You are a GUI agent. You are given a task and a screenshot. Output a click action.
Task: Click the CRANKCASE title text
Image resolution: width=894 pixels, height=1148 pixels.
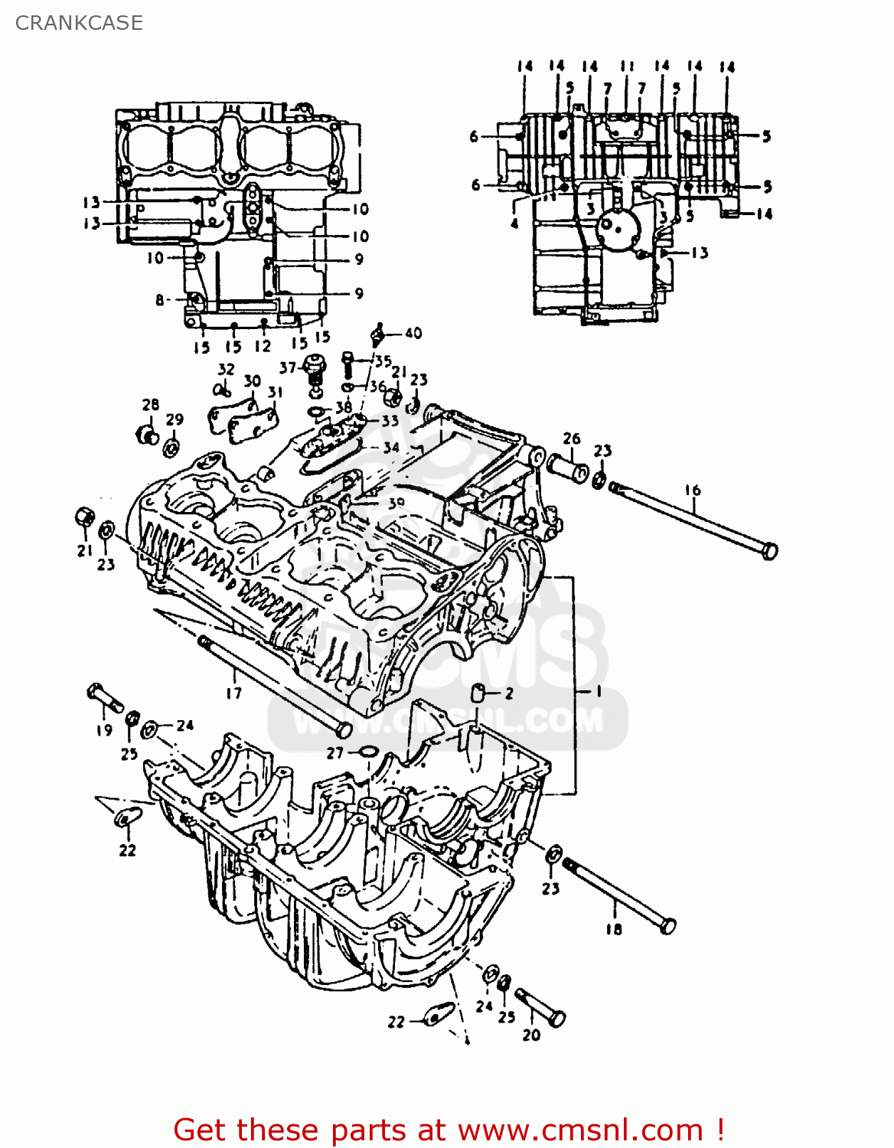coord(79,23)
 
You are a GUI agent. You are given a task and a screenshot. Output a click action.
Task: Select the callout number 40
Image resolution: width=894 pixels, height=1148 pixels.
coord(413,333)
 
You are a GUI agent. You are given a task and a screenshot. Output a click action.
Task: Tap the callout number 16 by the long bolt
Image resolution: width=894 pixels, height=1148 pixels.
coord(693,490)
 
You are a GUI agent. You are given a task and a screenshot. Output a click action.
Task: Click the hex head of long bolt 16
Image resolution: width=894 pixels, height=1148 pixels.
coord(770,551)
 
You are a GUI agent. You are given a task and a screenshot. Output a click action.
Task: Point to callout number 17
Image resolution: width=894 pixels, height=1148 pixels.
coord(233,693)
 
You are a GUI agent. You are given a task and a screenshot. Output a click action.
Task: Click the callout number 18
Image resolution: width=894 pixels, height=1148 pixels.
coord(614,929)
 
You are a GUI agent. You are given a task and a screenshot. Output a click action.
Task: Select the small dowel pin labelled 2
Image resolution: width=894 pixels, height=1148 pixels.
coord(477,693)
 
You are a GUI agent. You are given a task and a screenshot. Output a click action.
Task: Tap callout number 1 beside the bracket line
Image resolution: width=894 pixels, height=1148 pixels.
coord(599,691)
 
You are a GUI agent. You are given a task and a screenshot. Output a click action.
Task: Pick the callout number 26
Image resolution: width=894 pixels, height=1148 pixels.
coord(572,439)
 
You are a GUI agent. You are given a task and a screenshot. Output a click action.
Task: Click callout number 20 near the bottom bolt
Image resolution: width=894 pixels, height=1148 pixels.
coord(531,1035)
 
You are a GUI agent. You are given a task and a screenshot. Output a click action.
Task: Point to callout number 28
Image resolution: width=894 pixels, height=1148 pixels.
coord(151,405)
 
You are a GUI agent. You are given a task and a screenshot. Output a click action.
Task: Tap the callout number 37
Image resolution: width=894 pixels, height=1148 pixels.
coord(288,368)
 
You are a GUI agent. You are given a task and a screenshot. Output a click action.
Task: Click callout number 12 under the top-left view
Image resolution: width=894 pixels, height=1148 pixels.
coord(263,346)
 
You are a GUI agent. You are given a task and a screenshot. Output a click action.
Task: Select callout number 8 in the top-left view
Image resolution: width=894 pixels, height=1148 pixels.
coord(160,300)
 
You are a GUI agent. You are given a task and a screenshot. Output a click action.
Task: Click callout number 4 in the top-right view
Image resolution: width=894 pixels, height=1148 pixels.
coord(514,223)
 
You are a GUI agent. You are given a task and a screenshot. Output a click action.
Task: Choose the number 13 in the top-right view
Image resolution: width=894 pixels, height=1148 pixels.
coord(700,253)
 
